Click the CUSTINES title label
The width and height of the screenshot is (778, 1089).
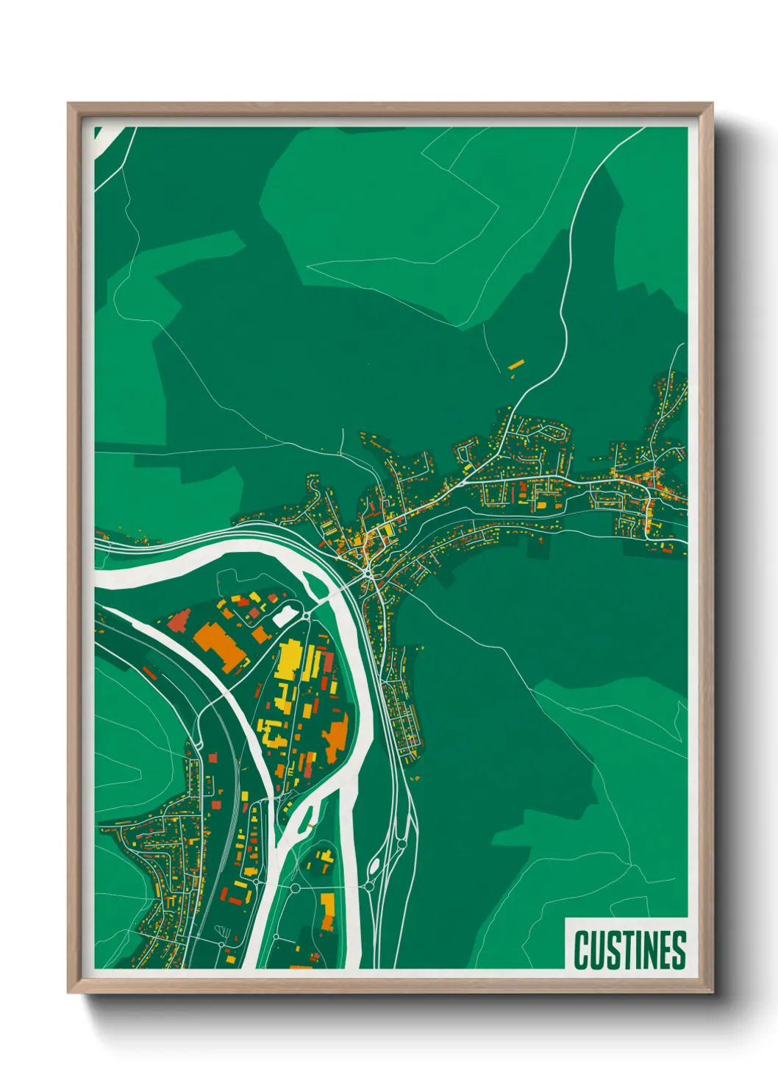point(629,950)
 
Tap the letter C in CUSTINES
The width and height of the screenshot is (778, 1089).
point(582,950)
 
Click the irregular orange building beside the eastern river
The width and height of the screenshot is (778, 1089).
point(337,736)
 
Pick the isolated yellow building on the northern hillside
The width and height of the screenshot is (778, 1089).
point(516,363)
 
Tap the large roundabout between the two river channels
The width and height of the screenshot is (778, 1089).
point(295,888)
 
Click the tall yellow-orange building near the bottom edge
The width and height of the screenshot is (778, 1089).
point(327,911)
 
